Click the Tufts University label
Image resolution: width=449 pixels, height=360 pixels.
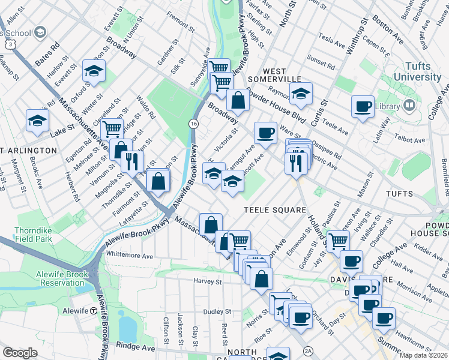coord(418,71)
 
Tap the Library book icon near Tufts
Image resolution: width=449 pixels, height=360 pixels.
coord(409,106)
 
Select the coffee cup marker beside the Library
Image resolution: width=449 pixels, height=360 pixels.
coord(363,107)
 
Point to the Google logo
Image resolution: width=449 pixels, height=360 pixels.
coord(20,353)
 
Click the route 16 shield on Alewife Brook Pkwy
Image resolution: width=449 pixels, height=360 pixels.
coord(193,123)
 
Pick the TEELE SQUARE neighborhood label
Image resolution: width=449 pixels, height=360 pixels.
coord(267,209)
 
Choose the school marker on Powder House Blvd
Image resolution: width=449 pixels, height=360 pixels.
coord(301,93)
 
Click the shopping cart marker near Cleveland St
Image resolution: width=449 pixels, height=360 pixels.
coord(112,128)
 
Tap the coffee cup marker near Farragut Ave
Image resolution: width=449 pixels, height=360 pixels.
coord(265,132)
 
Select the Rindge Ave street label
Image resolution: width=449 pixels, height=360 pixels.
coord(140,347)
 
